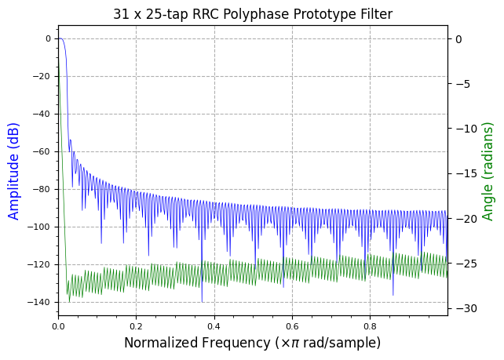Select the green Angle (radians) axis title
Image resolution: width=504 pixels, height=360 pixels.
(488, 170)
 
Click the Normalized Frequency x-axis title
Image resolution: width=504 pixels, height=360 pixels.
(252, 343)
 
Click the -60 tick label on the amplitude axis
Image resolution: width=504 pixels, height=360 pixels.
(43, 151)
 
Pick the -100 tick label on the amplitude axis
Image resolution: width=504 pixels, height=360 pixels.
(41, 227)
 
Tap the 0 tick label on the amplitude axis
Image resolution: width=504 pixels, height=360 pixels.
(48, 38)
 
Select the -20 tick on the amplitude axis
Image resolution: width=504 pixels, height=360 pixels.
(43, 76)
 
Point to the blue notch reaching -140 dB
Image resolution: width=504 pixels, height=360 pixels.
(202, 300)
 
